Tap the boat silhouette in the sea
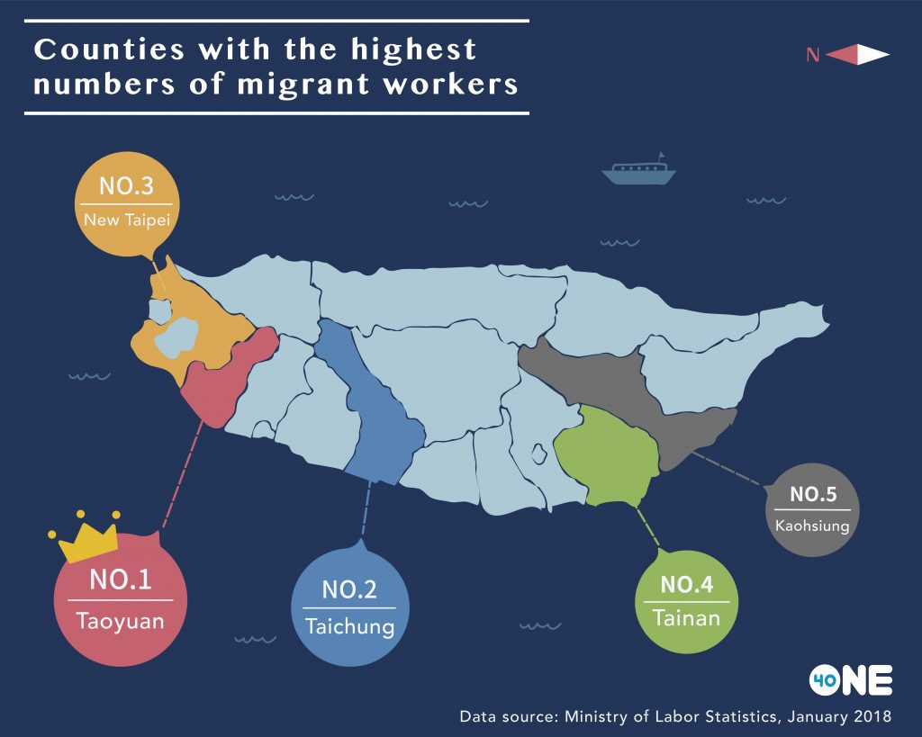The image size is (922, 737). pos(639,170)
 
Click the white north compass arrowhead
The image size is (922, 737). pos(872,55)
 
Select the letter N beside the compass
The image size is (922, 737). pos(813,56)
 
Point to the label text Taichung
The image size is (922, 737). pos(350,626)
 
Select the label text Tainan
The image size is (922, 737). pos(687,619)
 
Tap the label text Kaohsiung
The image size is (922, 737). pos(812,526)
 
